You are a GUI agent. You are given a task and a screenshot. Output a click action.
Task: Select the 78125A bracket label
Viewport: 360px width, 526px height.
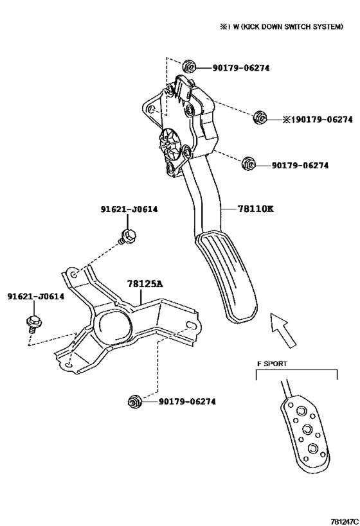(x=145, y=283)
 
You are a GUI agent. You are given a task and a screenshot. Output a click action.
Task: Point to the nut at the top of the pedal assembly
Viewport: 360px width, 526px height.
(x=188, y=67)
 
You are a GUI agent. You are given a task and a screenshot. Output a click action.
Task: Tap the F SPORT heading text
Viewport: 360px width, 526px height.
(x=272, y=363)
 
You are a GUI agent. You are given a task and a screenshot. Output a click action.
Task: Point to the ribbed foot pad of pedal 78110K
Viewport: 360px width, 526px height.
(x=230, y=276)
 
